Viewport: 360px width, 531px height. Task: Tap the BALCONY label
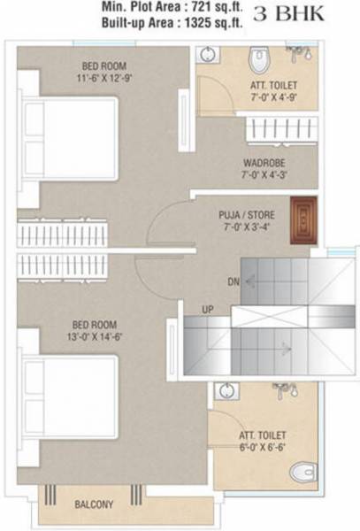(x=93, y=504)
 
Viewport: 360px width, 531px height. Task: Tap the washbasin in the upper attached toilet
(x=206, y=55)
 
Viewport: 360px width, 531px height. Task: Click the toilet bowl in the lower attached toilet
(x=303, y=472)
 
